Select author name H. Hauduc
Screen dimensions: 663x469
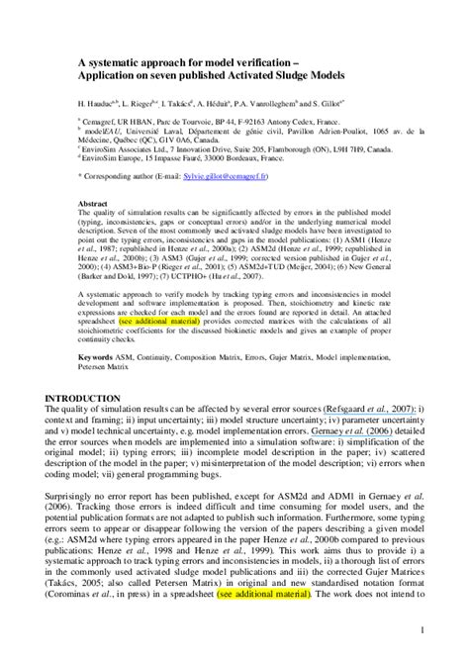(97, 101)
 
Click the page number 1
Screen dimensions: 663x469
(422, 629)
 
